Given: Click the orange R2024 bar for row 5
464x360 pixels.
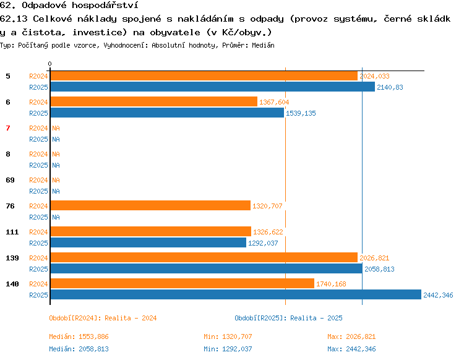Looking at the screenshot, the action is [204, 76].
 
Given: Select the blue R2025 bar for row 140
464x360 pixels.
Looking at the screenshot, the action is [236, 294].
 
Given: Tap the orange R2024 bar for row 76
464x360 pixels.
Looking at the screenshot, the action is [150, 205].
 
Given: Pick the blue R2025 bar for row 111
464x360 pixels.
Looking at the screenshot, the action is [148, 242].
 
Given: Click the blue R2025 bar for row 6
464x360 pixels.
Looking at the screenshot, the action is [167, 113].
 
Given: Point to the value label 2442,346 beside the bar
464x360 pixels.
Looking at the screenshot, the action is [438, 295].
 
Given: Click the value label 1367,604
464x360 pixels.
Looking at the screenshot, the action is [274, 102].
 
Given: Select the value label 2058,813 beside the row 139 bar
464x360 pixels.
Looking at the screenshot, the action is [379, 269].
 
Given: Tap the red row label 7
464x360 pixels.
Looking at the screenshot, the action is [8, 128].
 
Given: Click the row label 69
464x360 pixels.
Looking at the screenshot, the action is [10, 180].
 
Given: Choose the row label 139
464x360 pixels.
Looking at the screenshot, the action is [12, 258].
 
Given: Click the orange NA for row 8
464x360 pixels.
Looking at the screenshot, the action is [56, 154].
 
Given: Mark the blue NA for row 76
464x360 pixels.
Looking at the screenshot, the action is [56, 217].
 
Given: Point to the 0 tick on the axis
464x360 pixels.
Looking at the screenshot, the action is [49, 64].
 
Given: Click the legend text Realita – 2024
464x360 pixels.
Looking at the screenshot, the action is [131, 318].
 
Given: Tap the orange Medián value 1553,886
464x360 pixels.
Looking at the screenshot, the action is [93, 336].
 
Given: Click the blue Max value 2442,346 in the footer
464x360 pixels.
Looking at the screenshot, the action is [361, 349].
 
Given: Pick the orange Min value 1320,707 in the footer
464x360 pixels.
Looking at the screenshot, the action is [237, 336].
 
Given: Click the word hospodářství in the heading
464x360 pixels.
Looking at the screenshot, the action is [105, 6].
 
